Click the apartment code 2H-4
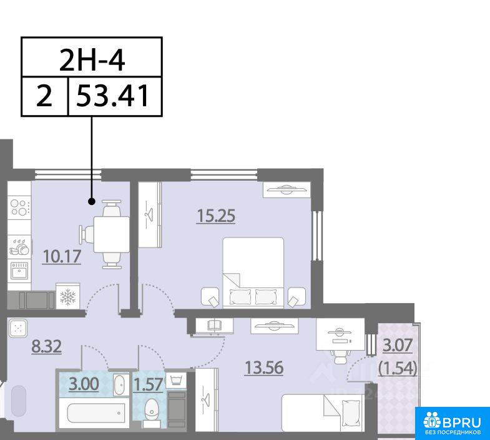tap(92, 61)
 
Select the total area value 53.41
tap(112, 96)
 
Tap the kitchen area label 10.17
tap(62, 257)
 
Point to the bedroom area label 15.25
tap(216, 216)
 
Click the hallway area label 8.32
tap(47, 346)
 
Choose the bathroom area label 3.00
tap(84, 384)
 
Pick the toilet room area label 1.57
tap(148, 384)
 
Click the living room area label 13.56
tap(264, 367)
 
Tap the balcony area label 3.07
tap(398, 346)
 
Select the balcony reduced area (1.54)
tap(398, 369)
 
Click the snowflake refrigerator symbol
tap(68, 296)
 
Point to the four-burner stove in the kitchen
tap(19, 207)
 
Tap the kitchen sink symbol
tap(19, 271)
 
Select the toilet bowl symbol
tap(152, 411)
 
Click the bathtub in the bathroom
tap(97, 413)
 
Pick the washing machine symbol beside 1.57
tap(176, 380)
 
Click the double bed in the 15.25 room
tap(253, 272)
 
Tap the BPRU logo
tap(453, 423)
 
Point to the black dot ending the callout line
tap(92, 201)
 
